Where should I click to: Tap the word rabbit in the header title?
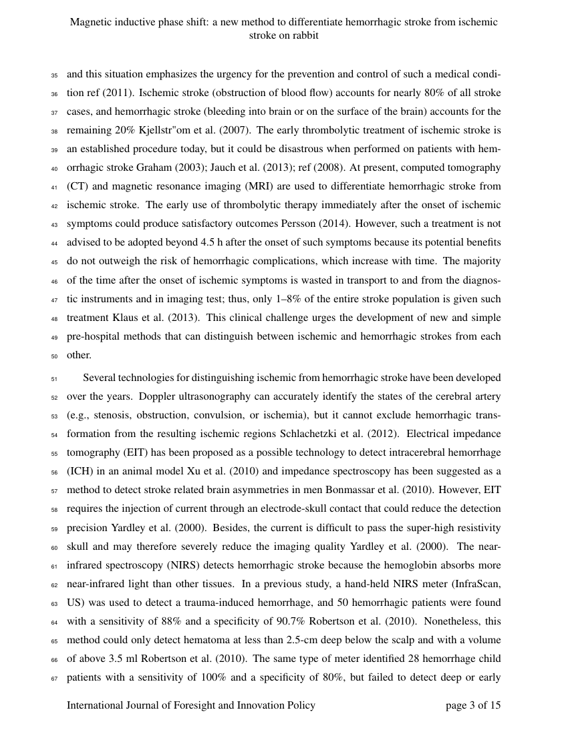click(x=304, y=35)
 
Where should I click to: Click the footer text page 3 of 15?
click(x=473, y=705)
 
